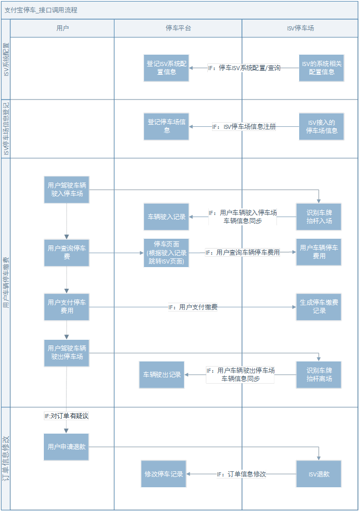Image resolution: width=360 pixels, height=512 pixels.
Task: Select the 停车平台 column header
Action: [x=178, y=28]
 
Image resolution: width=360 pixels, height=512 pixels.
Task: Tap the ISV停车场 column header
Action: [x=300, y=28]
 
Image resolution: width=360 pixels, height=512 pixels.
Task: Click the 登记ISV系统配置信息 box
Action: [x=166, y=68]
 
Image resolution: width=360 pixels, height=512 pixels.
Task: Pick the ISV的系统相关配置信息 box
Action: [x=321, y=68]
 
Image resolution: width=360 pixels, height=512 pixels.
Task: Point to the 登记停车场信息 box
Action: [x=166, y=126]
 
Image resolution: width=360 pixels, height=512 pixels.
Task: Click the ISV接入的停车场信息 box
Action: [x=321, y=126]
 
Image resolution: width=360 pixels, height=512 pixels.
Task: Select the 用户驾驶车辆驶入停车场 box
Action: [x=67, y=189]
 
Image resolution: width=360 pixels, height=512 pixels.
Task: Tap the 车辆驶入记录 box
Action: [x=166, y=217]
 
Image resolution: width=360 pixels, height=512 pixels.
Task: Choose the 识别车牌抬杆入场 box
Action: [x=319, y=217]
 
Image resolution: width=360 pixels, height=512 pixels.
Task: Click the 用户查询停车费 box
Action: [x=67, y=252]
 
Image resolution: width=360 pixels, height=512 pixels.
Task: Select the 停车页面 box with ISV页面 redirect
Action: [x=166, y=252]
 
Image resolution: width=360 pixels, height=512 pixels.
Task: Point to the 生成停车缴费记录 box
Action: [x=319, y=307]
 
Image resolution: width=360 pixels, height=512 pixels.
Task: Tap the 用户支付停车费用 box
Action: [x=67, y=307]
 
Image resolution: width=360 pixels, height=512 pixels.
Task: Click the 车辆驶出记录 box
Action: [x=162, y=375]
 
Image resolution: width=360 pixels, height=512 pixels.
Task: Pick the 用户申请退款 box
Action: [x=67, y=447]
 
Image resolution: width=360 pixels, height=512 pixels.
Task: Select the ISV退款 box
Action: [x=319, y=474]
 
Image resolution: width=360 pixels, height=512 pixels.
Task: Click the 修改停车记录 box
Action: [x=163, y=474]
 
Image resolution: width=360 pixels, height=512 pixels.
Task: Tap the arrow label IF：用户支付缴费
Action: [x=193, y=307]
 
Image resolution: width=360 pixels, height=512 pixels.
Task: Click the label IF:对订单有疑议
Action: [x=67, y=416]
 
